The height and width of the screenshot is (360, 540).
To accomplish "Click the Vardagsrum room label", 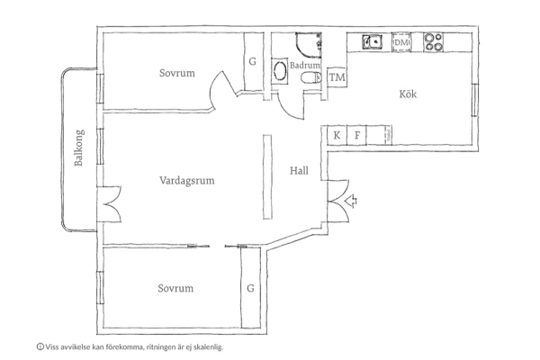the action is click(187, 181).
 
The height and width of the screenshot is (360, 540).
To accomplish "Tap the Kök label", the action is click(408, 94).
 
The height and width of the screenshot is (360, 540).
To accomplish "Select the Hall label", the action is click(299, 170).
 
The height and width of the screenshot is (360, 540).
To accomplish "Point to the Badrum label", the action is click(305, 65).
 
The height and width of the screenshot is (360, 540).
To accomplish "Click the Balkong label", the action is click(79, 148).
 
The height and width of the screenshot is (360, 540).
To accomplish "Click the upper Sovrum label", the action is click(177, 73).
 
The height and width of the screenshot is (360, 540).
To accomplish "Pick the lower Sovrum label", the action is click(175, 288).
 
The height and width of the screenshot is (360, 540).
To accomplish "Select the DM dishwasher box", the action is click(401, 42).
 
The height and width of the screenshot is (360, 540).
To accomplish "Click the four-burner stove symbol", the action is click(433, 42).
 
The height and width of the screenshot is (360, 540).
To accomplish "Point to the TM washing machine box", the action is click(337, 77).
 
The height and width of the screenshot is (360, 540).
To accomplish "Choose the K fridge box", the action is click(337, 135).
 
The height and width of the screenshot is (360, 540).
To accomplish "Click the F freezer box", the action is click(356, 135).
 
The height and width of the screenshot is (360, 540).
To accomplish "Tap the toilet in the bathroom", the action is click(311, 78).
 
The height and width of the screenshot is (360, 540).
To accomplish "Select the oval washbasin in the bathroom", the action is click(280, 71).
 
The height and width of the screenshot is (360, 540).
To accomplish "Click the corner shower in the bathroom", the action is click(308, 45).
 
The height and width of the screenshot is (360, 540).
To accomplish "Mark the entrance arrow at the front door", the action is click(352, 201).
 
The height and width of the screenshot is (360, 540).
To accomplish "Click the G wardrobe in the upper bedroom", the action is click(253, 62).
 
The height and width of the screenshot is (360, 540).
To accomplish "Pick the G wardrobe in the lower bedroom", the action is click(250, 288).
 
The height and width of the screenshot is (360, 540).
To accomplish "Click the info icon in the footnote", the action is click(40, 346).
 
